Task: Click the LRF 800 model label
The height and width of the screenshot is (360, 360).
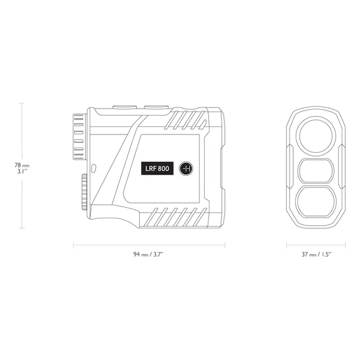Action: click(x=157, y=168)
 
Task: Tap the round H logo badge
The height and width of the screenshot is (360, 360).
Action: click(x=186, y=169)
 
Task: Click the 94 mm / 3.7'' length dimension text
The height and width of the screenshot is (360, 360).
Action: click(x=148, y=254)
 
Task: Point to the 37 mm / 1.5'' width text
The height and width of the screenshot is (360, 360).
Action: click(x=316, y=254)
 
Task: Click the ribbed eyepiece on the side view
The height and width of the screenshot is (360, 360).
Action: click(x=80, y=136)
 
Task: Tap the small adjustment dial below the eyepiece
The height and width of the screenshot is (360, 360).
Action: click(x=84, y=192)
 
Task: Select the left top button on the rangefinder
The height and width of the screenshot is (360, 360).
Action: click(x=125, y=107)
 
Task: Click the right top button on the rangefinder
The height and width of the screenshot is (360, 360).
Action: click(x=156, y=107)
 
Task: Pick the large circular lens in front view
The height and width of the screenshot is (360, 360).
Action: click(x=316, y=136)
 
